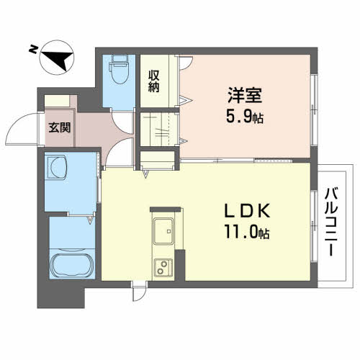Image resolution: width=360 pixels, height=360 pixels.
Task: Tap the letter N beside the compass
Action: [x=33, y=49]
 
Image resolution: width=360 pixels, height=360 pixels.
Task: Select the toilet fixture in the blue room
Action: [x=117, y=73]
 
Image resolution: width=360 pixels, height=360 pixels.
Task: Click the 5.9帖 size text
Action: [x=243, y=116]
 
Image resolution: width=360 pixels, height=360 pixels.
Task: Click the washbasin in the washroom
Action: [x=57, y=171]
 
